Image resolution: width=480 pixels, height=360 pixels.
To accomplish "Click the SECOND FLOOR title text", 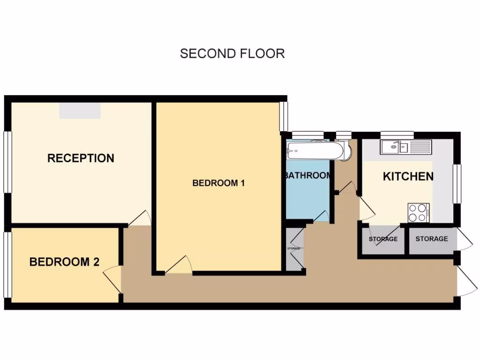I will coord(232,53).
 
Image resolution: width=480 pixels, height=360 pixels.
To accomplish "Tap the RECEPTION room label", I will coord(81,158).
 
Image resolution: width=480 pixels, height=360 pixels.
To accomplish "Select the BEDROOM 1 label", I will coord(218,183).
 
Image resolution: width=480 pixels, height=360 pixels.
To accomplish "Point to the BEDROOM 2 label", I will coord(64,262).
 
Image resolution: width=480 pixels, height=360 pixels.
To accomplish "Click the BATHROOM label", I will coord(307,176).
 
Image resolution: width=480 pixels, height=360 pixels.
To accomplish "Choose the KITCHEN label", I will coord(408,177).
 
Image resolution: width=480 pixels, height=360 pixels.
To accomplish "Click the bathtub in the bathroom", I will coord(315,150).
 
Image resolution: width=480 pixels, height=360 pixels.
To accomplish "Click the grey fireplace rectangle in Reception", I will coord(80,111).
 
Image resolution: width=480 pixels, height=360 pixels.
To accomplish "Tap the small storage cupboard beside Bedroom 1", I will coord(294,248).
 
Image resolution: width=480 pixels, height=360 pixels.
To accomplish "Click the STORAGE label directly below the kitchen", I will coord(383,239).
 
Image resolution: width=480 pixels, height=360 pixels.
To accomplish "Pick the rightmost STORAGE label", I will coord(431,239).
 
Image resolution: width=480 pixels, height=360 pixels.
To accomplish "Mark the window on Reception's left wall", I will coord(7,162).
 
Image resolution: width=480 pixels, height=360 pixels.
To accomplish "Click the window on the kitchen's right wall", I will coord(457,184).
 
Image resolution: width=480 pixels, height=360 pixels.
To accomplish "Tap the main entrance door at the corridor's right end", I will coord(466,281).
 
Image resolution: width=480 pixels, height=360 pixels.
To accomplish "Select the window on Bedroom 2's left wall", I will coord(7,265).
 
